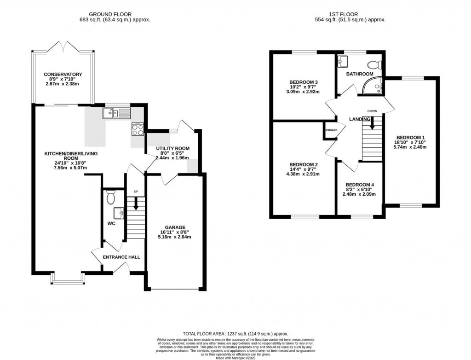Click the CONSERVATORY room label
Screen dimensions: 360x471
[63, 74]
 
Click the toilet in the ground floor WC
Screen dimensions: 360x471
[110, 197]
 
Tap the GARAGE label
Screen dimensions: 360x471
[175, 227]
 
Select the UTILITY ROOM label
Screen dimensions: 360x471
[172, 148]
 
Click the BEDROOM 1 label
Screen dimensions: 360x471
[410, 137]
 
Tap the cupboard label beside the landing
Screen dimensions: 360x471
[330, 130]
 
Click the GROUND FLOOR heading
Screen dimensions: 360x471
[114, 14]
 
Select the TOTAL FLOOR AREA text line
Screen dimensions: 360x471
[235, 334]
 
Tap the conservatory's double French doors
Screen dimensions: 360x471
[63, 46]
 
